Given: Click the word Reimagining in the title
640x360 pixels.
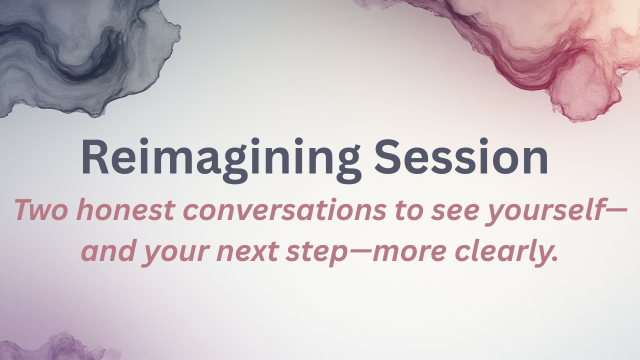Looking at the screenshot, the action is [221, 160].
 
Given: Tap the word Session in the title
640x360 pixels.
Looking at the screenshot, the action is [461, 156].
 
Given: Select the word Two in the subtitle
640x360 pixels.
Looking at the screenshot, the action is [41, 210].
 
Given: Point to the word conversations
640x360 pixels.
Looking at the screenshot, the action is [284, 210].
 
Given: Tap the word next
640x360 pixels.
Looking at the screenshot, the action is [247, 253].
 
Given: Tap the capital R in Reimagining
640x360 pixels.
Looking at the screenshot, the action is [95, 156].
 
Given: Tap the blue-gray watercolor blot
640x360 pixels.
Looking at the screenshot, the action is [85, 54].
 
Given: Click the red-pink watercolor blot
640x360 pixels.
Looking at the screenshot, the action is [543, 51].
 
